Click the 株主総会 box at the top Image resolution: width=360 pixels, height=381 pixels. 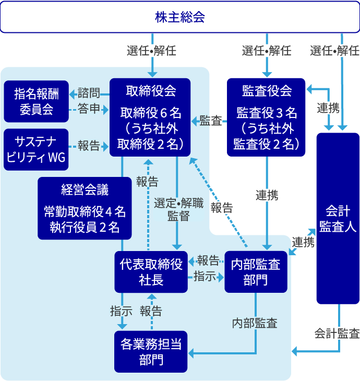180,17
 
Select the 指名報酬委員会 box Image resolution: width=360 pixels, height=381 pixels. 36,101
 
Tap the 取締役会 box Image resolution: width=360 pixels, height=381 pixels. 150,117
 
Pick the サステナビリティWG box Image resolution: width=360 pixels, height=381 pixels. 36,149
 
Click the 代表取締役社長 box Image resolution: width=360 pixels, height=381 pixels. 151,272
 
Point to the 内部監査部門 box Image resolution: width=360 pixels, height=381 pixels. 256,272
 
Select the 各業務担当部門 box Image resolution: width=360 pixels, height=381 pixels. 151,352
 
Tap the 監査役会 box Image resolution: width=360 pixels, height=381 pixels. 267,117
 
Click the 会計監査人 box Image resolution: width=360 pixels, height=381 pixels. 338,218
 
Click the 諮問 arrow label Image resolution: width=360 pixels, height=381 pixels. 89,93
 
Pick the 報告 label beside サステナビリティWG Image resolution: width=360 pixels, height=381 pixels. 89,146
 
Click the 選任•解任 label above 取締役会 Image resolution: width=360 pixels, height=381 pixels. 152,51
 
